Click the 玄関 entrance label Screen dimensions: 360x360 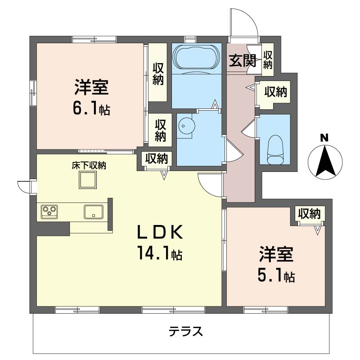[243, 60]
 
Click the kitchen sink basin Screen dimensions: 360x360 [94, 211]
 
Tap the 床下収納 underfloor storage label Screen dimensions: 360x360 [89, 165]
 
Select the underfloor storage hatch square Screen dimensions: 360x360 [88, 181]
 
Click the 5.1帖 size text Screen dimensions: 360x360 [276, 275]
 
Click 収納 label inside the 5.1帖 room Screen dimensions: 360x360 [309, 213]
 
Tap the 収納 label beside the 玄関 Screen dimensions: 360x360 [268, 60]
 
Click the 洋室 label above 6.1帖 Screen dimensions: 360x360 [92, 87]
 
